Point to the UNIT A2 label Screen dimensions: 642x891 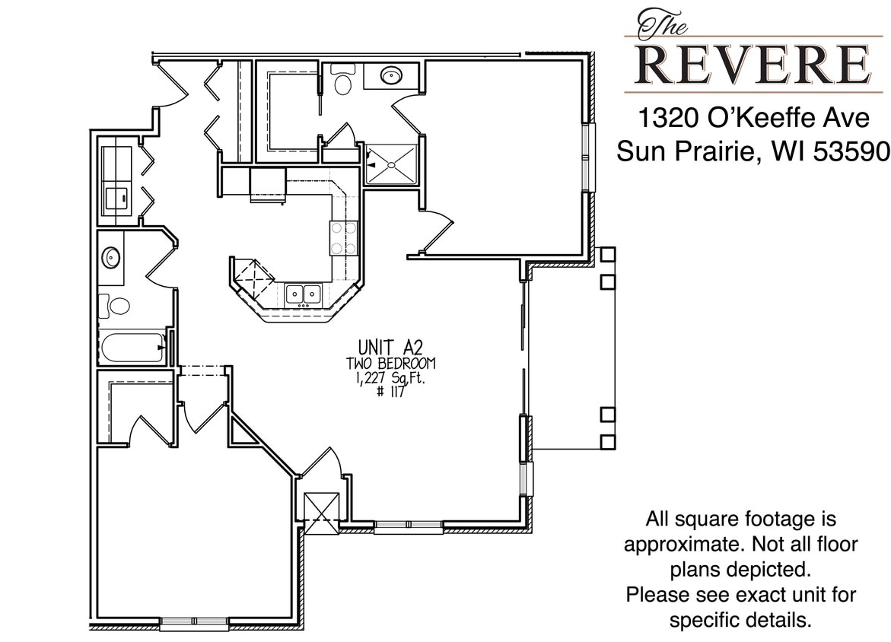(x=390, y=349)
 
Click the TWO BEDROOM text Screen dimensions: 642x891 (x=391, y=364)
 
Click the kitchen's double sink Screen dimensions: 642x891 (x=303, y=293)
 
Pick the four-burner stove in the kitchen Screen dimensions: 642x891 (x=344, y=237)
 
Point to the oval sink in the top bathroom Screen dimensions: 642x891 (x=392, y=75)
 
